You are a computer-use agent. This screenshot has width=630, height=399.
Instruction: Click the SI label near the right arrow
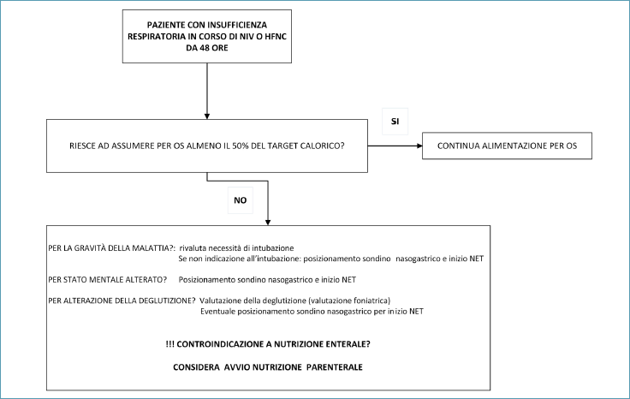pos(395,122)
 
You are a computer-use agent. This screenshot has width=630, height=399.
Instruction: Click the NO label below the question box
pos(241,200)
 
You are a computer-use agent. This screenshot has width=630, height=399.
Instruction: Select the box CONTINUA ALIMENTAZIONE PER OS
pos(507,146)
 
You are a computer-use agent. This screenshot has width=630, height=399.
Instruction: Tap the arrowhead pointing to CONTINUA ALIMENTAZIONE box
pos(420,146)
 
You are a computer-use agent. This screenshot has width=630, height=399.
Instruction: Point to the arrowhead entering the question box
pos(207,116)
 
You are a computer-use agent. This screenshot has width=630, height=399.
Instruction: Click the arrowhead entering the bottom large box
pos(268,223)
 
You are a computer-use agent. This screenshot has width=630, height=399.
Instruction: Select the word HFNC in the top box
pos(276,36)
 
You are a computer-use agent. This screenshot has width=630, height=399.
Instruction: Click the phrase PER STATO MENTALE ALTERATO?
pos(107,280)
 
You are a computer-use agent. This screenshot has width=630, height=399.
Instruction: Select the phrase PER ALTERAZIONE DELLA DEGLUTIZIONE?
pos(122,301)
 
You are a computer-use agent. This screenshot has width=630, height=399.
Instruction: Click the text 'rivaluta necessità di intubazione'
pos(236,248)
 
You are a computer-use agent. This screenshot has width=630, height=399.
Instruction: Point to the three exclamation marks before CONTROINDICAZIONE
pos(170,344)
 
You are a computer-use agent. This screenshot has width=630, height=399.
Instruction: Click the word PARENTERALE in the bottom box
pos(335,367)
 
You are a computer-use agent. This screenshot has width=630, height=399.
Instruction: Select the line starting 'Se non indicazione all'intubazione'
pos(331,259)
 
